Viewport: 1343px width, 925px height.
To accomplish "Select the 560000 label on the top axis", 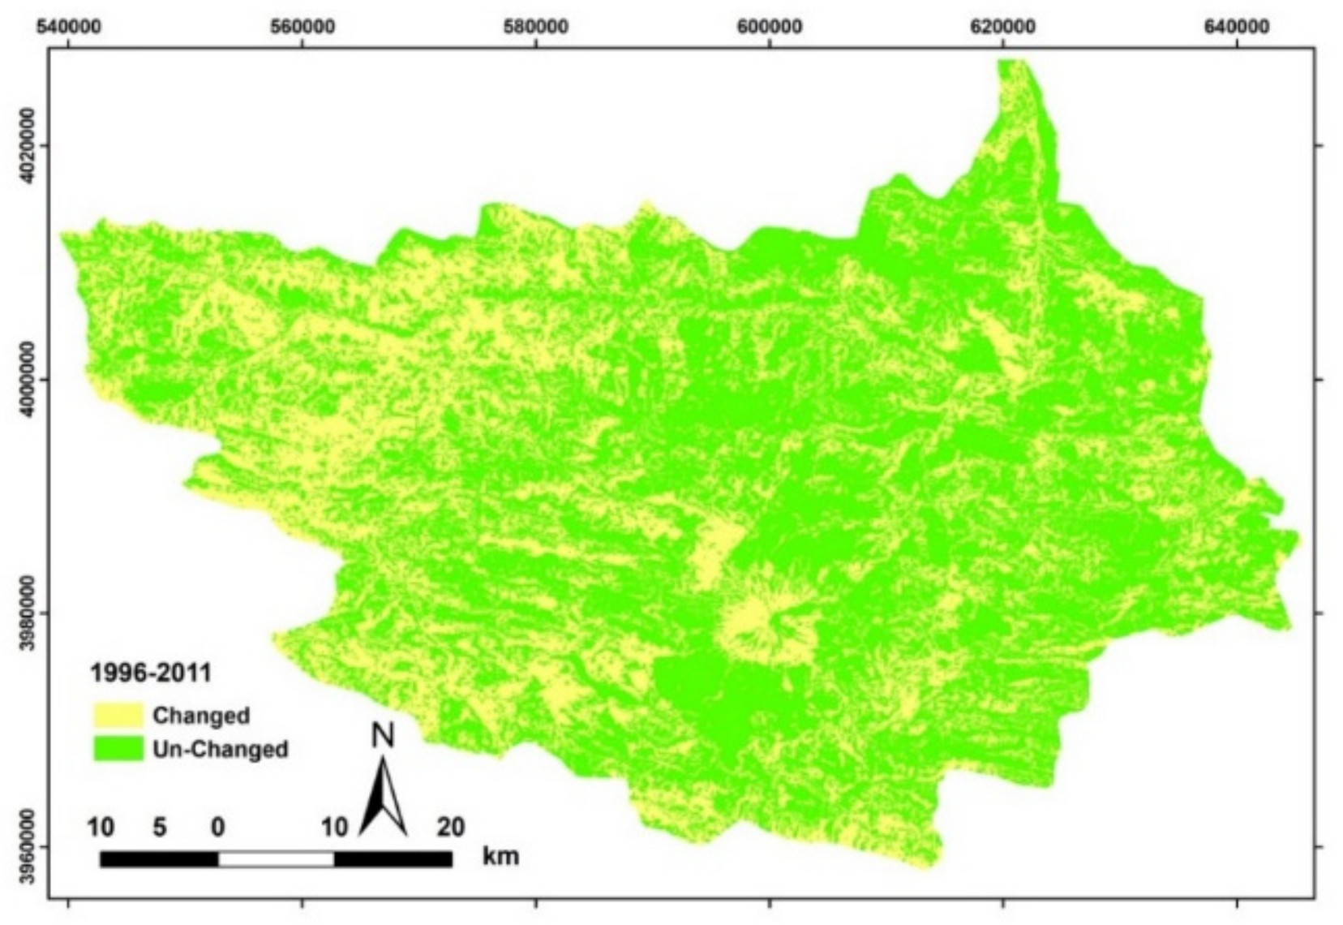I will tap(302, 26).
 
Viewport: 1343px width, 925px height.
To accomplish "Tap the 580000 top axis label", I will tap(535, 26).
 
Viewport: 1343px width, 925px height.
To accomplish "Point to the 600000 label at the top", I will tap(769, 26).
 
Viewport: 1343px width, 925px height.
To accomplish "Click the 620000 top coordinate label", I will tap(1002, 26).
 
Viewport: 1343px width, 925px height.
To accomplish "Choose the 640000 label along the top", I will tap(1236, 26).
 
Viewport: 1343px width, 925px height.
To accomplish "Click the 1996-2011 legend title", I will tap(151, 673).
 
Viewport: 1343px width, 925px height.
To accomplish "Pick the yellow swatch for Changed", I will tap(118, 715).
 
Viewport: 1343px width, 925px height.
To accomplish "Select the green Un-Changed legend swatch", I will tap(118, 748).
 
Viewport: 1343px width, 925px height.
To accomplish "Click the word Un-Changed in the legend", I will tap(220, 748).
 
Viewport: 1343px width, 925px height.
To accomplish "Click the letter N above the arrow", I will tap(383, 735).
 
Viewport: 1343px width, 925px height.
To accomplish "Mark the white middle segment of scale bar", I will tap(277, 858).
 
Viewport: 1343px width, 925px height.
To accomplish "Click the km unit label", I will tap(500, 856).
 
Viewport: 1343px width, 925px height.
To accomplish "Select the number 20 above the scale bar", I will tap(451, 827).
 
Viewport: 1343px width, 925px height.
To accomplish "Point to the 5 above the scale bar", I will tap(160, 827).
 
